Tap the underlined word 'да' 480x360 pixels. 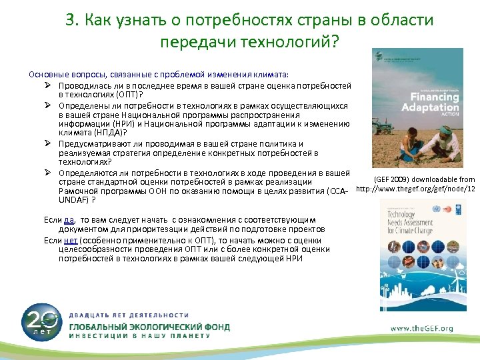pyautogui.click(x=69, y=219)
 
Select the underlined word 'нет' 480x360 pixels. pyautogui.click(x=71, y=241)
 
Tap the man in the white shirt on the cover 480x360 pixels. pyautogui.click(x=441, y=144)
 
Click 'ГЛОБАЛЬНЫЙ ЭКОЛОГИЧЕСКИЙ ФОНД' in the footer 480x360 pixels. pyautogui.click(x=150, y=327)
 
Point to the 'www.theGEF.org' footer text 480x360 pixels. pyautogui.click(x=421, y=328)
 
